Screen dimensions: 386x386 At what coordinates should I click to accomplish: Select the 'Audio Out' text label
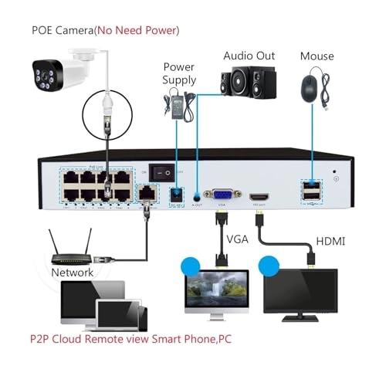pyautogui.click(x=250, y=56)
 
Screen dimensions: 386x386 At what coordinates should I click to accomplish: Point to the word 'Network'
pyautogui.click(x=72, y=273)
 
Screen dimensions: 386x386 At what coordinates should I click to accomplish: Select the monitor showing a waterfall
pyautogui.click(x=216, y=293)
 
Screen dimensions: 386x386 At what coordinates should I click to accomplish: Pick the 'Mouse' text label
pyautogui.click(x=317, y=56)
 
